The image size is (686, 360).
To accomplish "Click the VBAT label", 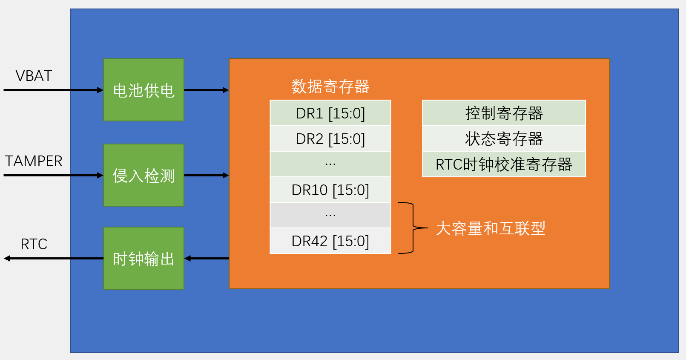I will point(34,76).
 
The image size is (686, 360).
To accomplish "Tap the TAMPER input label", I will point(34,161).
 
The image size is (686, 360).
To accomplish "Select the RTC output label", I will point(34,244).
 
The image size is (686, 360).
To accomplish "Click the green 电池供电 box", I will point(144,90).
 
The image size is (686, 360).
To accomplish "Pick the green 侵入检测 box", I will point(144,175).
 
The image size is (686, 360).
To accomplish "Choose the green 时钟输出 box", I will point(144,258).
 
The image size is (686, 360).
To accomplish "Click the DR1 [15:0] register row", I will point(330,113).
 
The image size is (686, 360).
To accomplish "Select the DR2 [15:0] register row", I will point(330,139).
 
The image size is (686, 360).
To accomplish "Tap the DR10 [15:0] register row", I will point(330,190).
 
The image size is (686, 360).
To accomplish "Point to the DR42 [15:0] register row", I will point(330,241).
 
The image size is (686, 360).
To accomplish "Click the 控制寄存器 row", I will point(504,113).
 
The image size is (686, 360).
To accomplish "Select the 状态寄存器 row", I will point(504,139).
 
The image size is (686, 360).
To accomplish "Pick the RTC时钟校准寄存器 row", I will point(504,164).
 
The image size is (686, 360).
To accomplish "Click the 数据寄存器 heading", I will point(330,86).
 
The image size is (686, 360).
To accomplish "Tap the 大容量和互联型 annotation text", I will point(491,228).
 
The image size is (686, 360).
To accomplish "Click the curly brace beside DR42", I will point(412,228).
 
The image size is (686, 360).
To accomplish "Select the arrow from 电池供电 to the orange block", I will point(207,90).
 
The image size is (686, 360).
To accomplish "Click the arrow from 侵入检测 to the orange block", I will point(207,175).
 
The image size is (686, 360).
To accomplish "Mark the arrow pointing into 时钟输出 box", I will point(207,258).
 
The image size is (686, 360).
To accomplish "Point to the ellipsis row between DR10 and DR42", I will point(330,216).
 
